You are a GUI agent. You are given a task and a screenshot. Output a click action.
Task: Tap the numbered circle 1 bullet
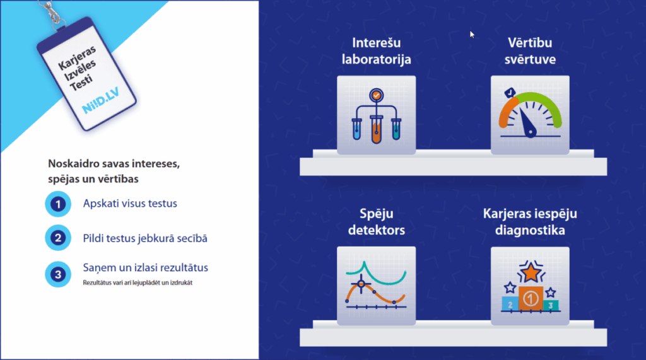[58, 204]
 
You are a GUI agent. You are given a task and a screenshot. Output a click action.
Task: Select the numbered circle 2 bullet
[58, 239]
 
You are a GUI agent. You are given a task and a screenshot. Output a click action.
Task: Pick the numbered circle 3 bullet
[58, 274]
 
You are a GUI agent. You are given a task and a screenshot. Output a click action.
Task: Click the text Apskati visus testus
[131, 204]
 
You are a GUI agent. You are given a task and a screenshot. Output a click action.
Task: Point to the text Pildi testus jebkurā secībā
[145, 238]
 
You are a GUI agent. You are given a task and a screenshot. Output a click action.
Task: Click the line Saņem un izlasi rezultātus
[146, 268]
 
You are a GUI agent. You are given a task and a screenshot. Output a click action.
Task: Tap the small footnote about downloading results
[138, 282]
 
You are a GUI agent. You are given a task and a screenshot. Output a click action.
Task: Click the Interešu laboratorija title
[376, 52]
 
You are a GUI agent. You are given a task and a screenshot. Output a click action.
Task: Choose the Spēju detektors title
[376, 222]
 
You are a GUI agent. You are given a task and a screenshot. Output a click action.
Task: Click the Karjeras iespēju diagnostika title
[530, 222]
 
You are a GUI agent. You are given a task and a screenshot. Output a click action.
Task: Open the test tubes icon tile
[376, 115]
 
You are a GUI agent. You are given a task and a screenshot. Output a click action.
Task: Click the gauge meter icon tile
[530, 115]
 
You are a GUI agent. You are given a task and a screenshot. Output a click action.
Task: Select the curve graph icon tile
[376, 286]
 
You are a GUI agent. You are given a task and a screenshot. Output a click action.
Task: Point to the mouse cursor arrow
[471, 34]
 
